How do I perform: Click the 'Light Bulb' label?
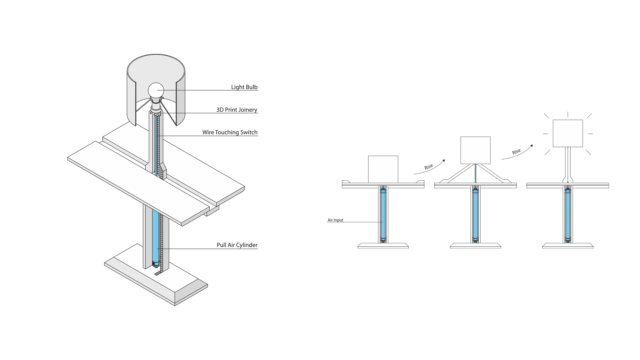pyautogui.click(x=244, y=87)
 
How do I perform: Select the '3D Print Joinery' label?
pyautogui.click(x=237, y=110)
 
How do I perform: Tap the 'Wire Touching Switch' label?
pyautogui.click(x=230, y=132)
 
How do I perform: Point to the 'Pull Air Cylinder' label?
pyautogui.click(x=237, y=245)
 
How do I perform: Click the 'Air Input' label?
pyautogui.click(x=335, y=220)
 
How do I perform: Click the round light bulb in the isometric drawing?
pyautogui.click(x=156, y=90)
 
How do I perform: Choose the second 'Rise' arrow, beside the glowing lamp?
pyautogui.click(x=517, y=153)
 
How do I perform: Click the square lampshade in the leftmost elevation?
pyautogui.click(x=383, y=169)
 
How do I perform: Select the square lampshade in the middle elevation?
pyautogui.click(x=475, y=150)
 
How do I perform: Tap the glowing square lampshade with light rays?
pyautogui.click(x=568, y=133)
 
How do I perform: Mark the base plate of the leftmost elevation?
pyautogui.click(x=383, y=246)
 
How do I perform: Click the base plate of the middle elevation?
pyautogui.click(x=475, y=246)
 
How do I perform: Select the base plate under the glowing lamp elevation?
pyautogui.click(x=568, y=246)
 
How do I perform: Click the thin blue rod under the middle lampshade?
pyautogui.click(x=475, y=173)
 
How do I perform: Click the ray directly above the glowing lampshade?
pyautogui.click(x=568, y=114)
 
